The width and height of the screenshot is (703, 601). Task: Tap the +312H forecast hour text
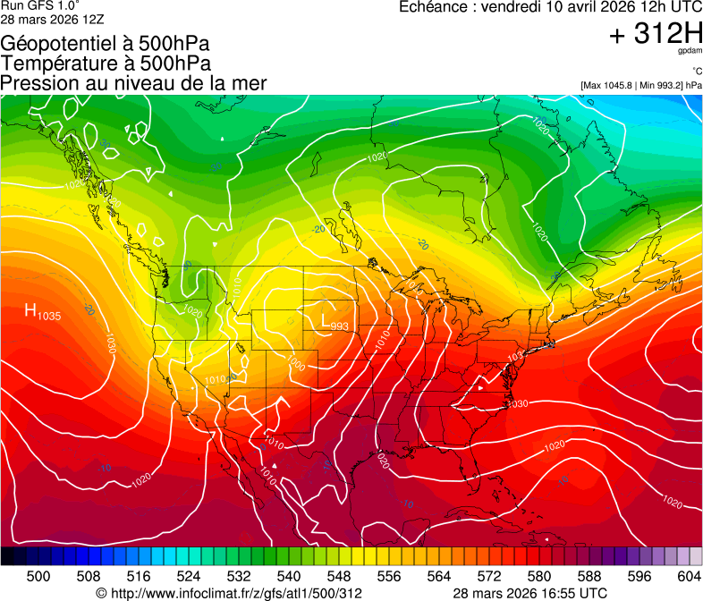[656, 34]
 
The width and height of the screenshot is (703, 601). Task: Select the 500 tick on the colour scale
[38, 575]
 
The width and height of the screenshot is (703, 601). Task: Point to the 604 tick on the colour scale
[690, 575]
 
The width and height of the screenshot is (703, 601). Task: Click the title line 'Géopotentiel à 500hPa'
[106, 43]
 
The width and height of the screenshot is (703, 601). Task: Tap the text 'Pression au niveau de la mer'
[134, 82]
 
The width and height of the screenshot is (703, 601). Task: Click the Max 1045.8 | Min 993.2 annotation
[640, 85]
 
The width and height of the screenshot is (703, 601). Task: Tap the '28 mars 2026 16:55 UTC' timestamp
[530, 593]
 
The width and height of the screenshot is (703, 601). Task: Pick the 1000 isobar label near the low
[295, 364]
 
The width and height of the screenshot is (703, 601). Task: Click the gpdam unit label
[692, 51]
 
